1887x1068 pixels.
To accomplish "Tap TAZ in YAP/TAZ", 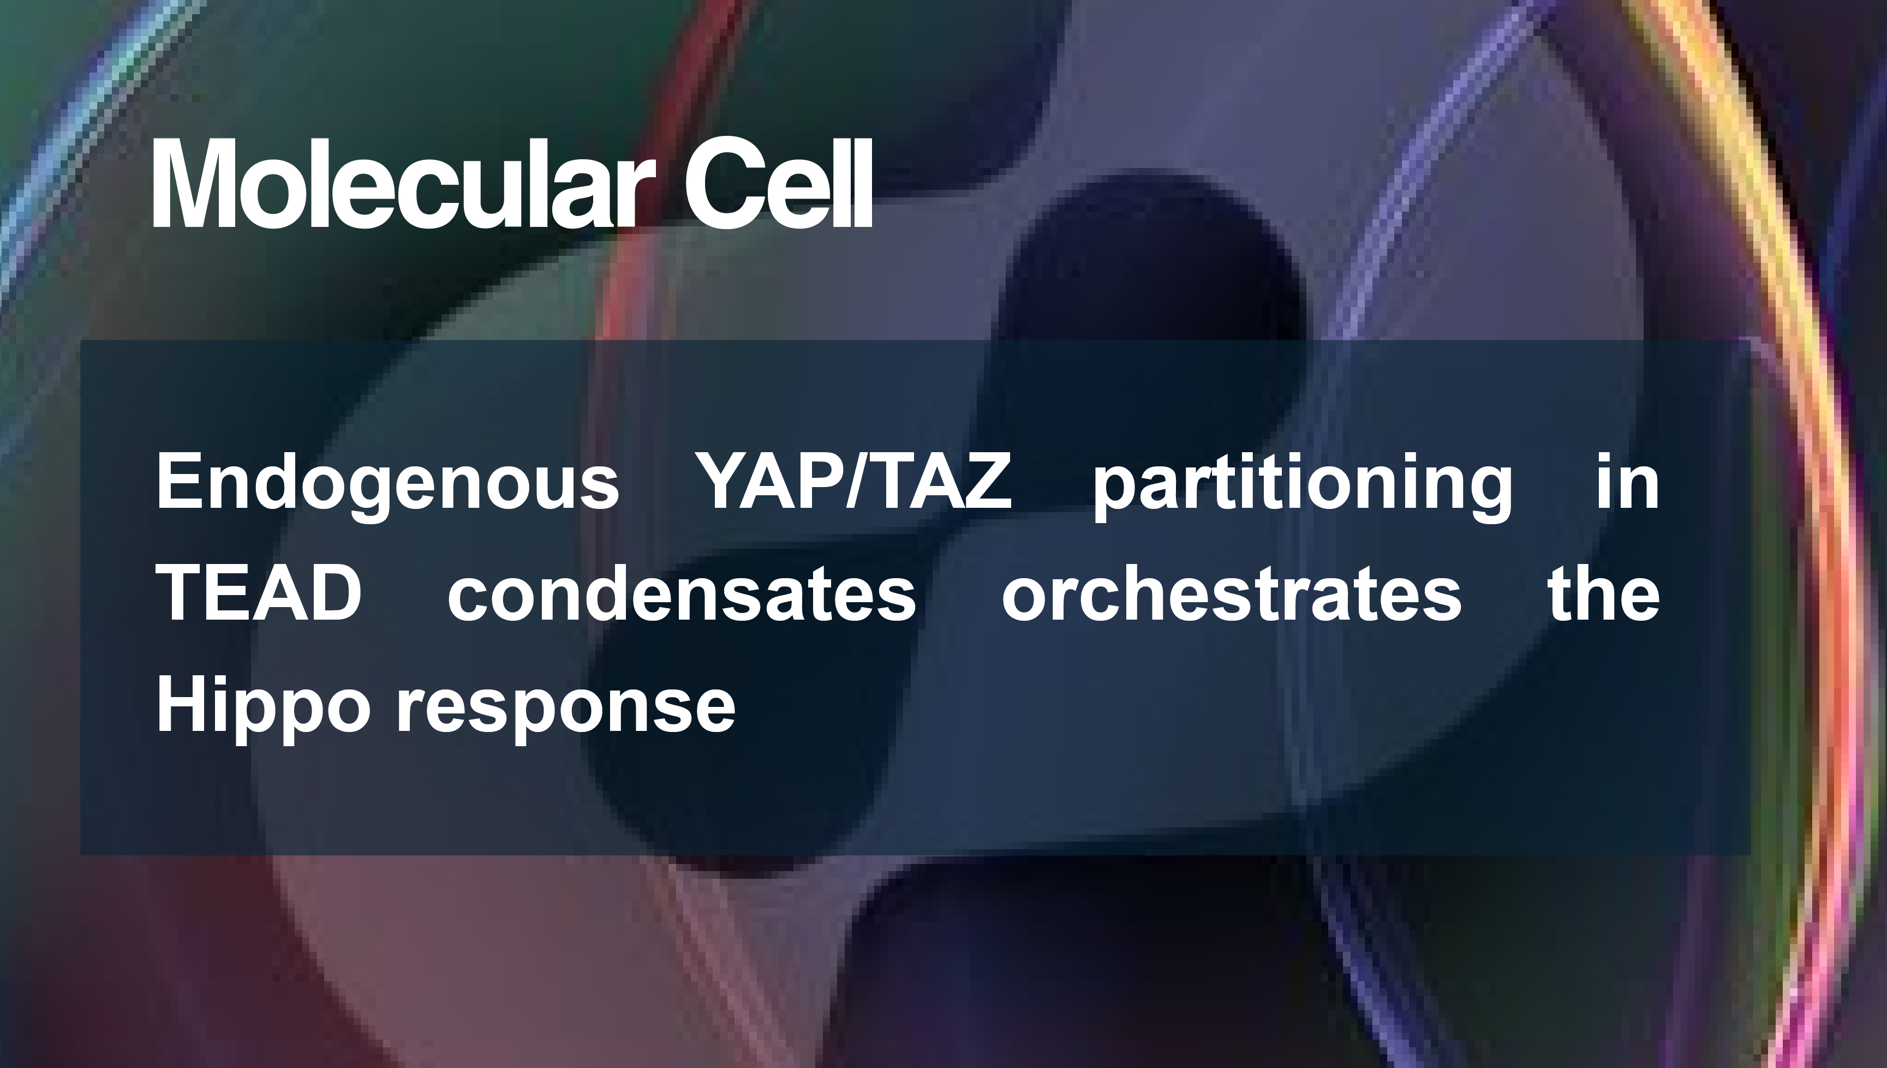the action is pyautogui.click(x=940, y=481).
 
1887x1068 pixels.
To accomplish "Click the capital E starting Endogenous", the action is pyautogui.click(x=179, y=481).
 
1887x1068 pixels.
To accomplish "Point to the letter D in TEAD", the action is pyautogui.click(x=337, y=593).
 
